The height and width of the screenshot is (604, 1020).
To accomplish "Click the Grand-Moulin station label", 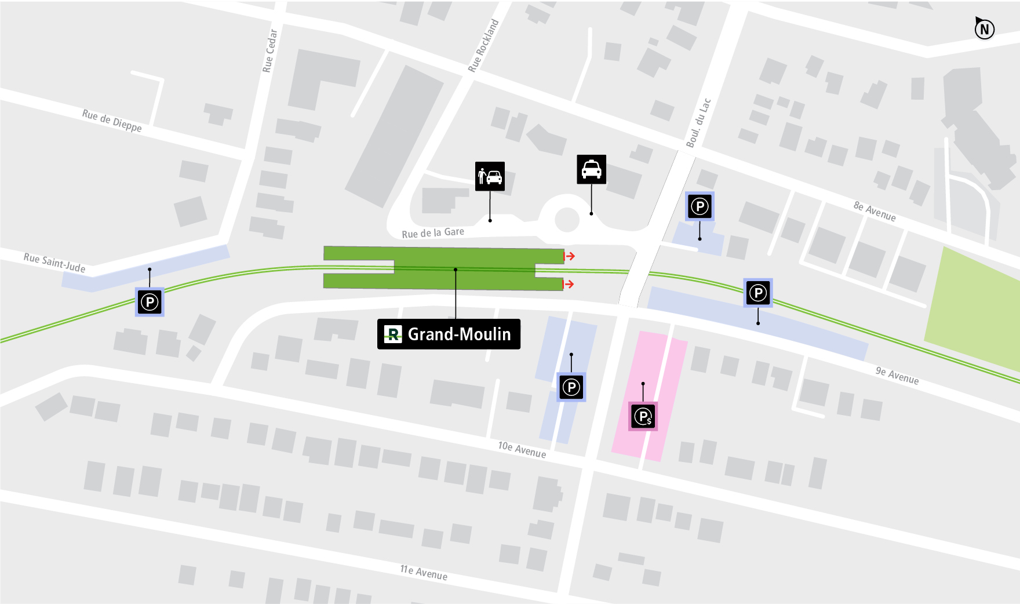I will [x=458, y=334].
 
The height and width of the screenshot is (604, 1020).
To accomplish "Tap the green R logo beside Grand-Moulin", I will [x=393, y=334].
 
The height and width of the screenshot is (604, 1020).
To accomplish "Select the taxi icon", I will [x=591, y=169].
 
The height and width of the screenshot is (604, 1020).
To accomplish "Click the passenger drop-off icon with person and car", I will [x=490, y=176].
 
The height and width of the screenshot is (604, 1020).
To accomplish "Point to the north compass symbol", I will [x=984, y=28].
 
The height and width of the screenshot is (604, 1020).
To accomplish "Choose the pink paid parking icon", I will [x=643, y=416].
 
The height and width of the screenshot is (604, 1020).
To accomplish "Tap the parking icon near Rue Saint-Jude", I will [x=150, y=302].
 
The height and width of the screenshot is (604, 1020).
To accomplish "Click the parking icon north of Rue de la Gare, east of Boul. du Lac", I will [x=700, y=206].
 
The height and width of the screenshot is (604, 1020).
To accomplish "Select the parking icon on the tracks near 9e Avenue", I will [x=758, y=293].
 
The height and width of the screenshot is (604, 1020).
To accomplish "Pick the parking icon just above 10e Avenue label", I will [x=571, y=387].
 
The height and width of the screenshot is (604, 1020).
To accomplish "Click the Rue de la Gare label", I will [x=433, y=233].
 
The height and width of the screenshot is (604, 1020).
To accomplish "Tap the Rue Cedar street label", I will [x=270, y=51].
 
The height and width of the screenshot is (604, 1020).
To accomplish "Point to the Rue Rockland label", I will [x=483, y=46].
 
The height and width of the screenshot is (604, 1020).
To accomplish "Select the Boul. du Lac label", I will [x=698, y=123].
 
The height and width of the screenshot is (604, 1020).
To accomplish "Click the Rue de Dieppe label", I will [x=112, y=121].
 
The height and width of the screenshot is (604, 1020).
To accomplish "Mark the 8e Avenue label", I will [x=875, y=212].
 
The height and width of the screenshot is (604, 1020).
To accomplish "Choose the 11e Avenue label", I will [x=424, y=573].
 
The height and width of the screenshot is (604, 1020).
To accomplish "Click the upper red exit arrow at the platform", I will [x=570, y=256].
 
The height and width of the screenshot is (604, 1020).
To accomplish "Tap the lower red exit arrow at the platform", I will [x=569, y=284].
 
